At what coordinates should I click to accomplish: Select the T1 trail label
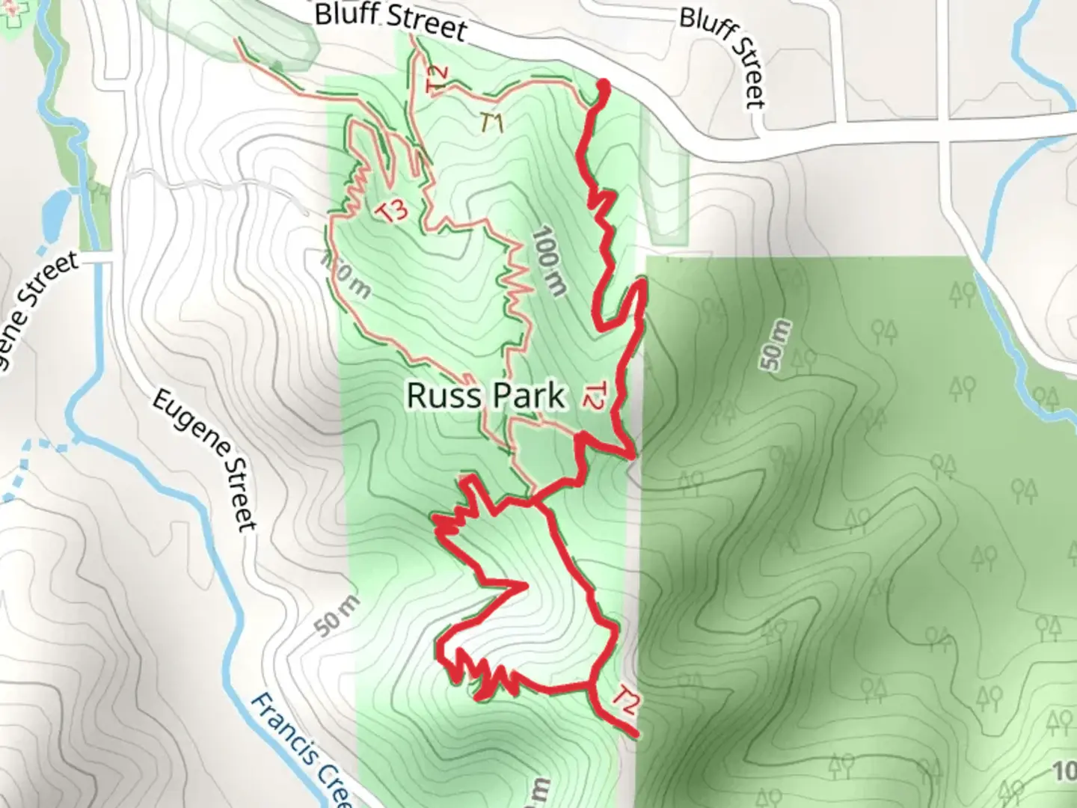(491, 122)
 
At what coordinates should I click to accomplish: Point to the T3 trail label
(393, 211)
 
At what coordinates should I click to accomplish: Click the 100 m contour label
(547, 261)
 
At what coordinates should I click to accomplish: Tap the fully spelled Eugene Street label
(204, 460)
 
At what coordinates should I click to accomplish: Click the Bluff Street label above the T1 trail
(390, 20)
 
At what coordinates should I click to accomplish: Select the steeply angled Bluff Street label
(725, 57)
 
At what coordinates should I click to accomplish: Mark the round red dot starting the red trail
(602, 88)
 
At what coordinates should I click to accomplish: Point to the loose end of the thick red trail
(636, 735)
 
